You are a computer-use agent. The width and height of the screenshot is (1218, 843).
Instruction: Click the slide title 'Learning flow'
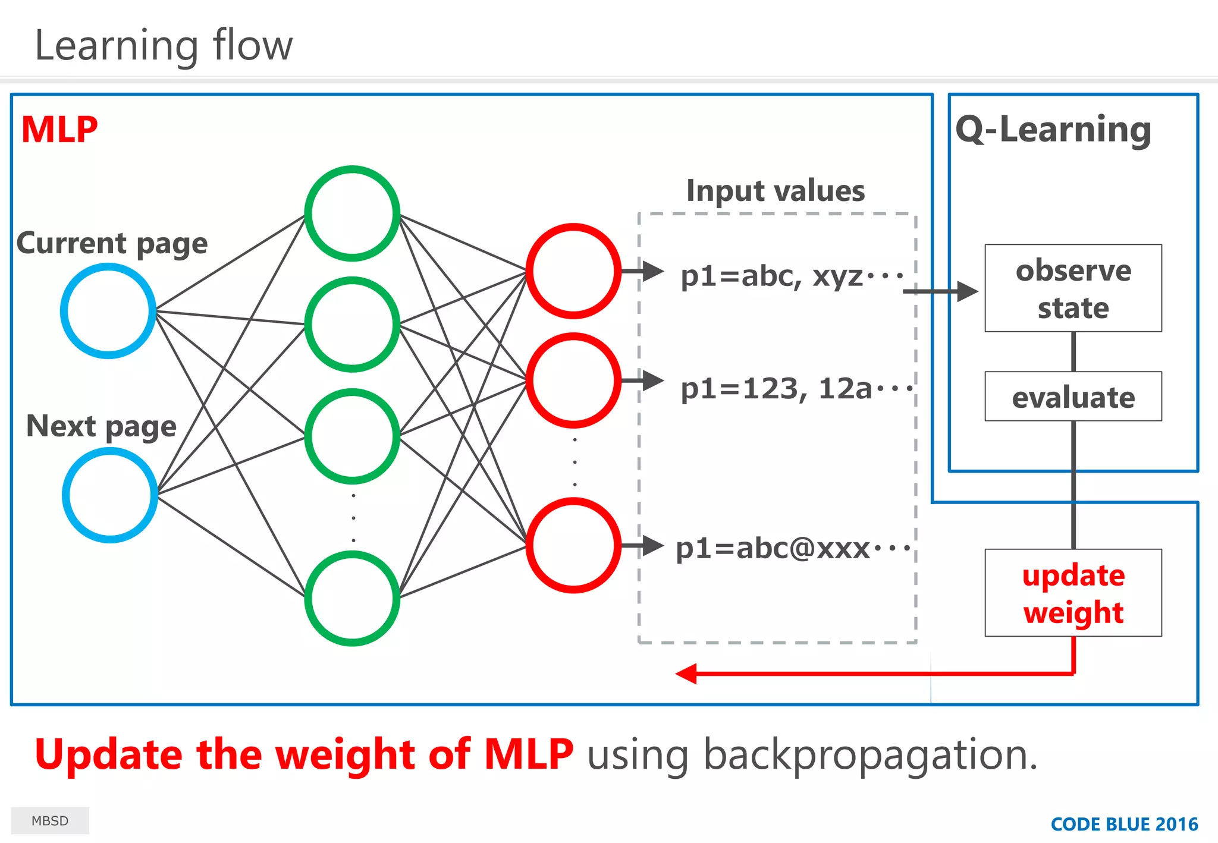tap(164, 46)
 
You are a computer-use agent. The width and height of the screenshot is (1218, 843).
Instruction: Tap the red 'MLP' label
tap(59, 130)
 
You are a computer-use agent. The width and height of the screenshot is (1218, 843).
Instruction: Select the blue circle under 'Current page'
tap(108, 311)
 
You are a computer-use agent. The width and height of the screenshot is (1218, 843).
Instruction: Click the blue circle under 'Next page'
tap(110, 495)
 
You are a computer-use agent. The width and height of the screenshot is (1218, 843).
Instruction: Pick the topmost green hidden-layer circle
tap(352, 213)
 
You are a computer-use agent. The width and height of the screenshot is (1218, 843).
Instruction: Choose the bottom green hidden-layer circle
tap(352, 598)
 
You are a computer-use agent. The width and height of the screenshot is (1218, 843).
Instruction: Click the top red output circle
tap(573, 271)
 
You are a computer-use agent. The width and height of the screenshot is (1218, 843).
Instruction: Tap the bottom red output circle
tap(573, 545)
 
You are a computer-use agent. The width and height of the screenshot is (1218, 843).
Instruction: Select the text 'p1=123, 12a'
tap(776, 389)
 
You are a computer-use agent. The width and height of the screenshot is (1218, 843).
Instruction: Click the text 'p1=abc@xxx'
tap(773, 548)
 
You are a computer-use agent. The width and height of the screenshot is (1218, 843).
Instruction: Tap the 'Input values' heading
tap(776, 191)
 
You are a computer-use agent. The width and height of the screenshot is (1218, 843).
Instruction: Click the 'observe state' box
tap(1073, 288)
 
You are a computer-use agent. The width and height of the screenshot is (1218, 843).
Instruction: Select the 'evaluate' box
tap(1073, 397)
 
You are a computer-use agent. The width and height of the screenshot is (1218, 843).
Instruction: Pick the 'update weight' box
tap(1073, 593)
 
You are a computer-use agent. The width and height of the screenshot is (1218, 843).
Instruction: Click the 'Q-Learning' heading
tap(1053, 130)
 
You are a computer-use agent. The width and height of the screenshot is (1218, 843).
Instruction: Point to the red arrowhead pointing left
tap(687, 674)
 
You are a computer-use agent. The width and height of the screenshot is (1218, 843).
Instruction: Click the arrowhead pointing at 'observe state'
tap(968, 291)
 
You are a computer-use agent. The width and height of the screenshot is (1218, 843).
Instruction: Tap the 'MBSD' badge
tap(50, 820)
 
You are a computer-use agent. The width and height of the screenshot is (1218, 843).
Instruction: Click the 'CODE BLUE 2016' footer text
tap(1124, 824)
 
